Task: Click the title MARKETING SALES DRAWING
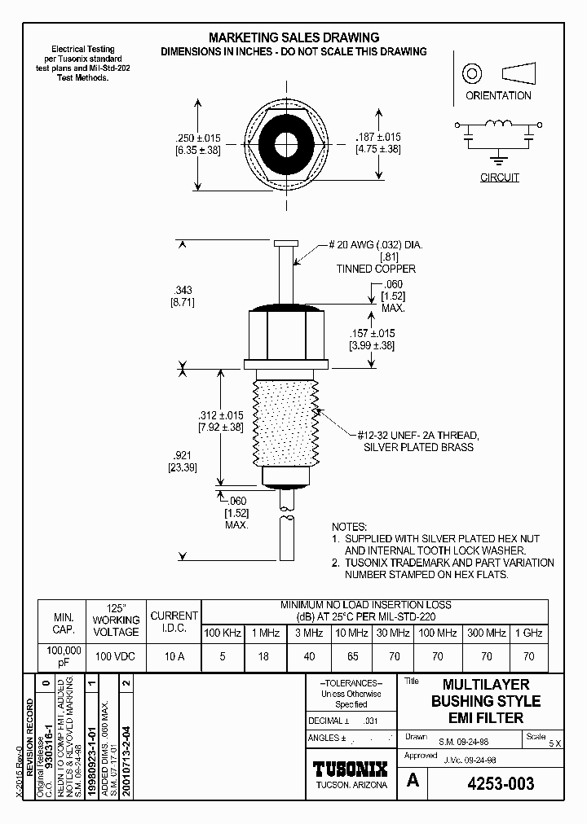tap(293, 37)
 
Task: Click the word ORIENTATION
tap(498, 95)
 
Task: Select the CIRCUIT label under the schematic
tap(499, 178)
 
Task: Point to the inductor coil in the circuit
tap(498, 125)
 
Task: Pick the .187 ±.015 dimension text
tap(378, 138)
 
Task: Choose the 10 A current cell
tap(173, 656)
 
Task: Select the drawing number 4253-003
tap(501, 783)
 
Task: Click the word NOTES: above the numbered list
tap(350, 528)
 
